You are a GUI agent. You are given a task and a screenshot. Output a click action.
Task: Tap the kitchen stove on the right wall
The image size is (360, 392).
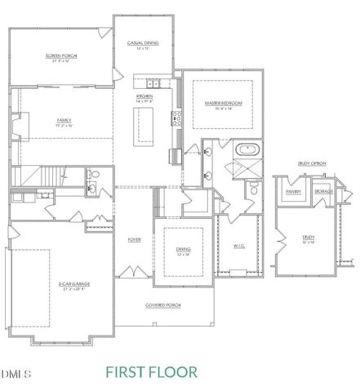pyautogui.click(x=174, y=119)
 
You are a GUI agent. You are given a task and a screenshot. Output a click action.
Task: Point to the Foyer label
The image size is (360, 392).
pyautogui.click(x=133, y=240)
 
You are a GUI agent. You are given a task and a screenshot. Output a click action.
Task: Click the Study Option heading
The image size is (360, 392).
pyautogui.click(x=312, y=164)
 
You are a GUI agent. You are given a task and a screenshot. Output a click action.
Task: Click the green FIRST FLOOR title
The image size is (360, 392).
pyautogui.click(x=151, y=372)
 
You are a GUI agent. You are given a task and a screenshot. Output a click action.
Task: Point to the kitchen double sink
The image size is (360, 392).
pyautogui.click(x=152, y=84)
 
